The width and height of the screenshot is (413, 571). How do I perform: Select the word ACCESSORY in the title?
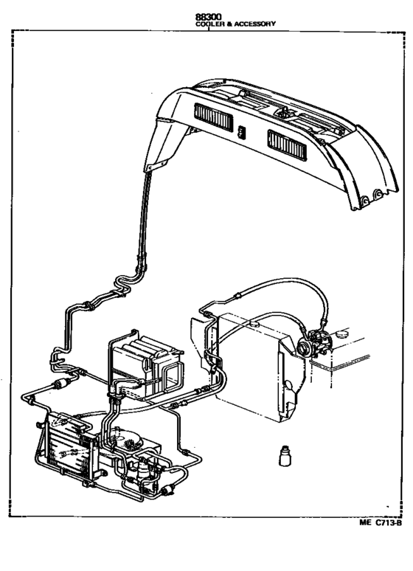[254, 23]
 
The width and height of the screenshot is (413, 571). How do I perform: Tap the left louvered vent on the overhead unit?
[215, 117]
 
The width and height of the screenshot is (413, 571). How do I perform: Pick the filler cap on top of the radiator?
[254, 321]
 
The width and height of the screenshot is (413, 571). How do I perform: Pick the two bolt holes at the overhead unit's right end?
[372, 195]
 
